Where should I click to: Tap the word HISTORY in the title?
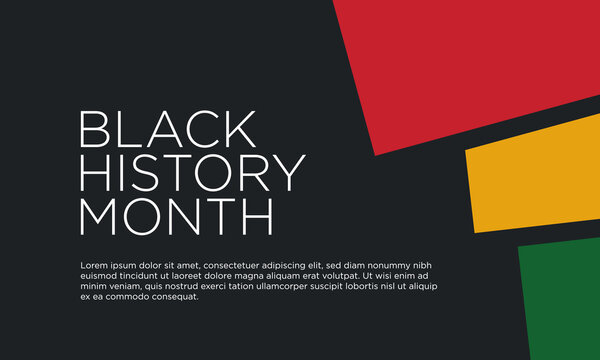point(191,173)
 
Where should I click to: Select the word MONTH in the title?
point(176,216)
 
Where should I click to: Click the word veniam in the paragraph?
point(125,286)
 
